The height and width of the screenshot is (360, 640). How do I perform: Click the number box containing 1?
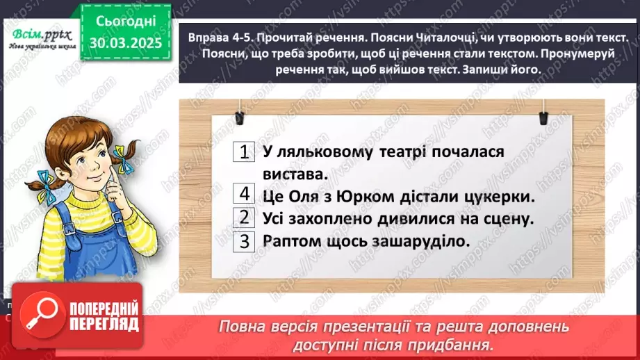(243, 152)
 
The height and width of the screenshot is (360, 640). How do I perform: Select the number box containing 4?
(243, 195)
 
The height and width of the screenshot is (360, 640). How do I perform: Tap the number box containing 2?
(243, 218)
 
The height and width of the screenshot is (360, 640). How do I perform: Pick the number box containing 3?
(243, 241)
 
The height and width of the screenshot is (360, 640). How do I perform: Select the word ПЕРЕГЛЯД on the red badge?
(104, 324)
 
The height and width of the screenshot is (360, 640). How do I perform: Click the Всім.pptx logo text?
(38, 34)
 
